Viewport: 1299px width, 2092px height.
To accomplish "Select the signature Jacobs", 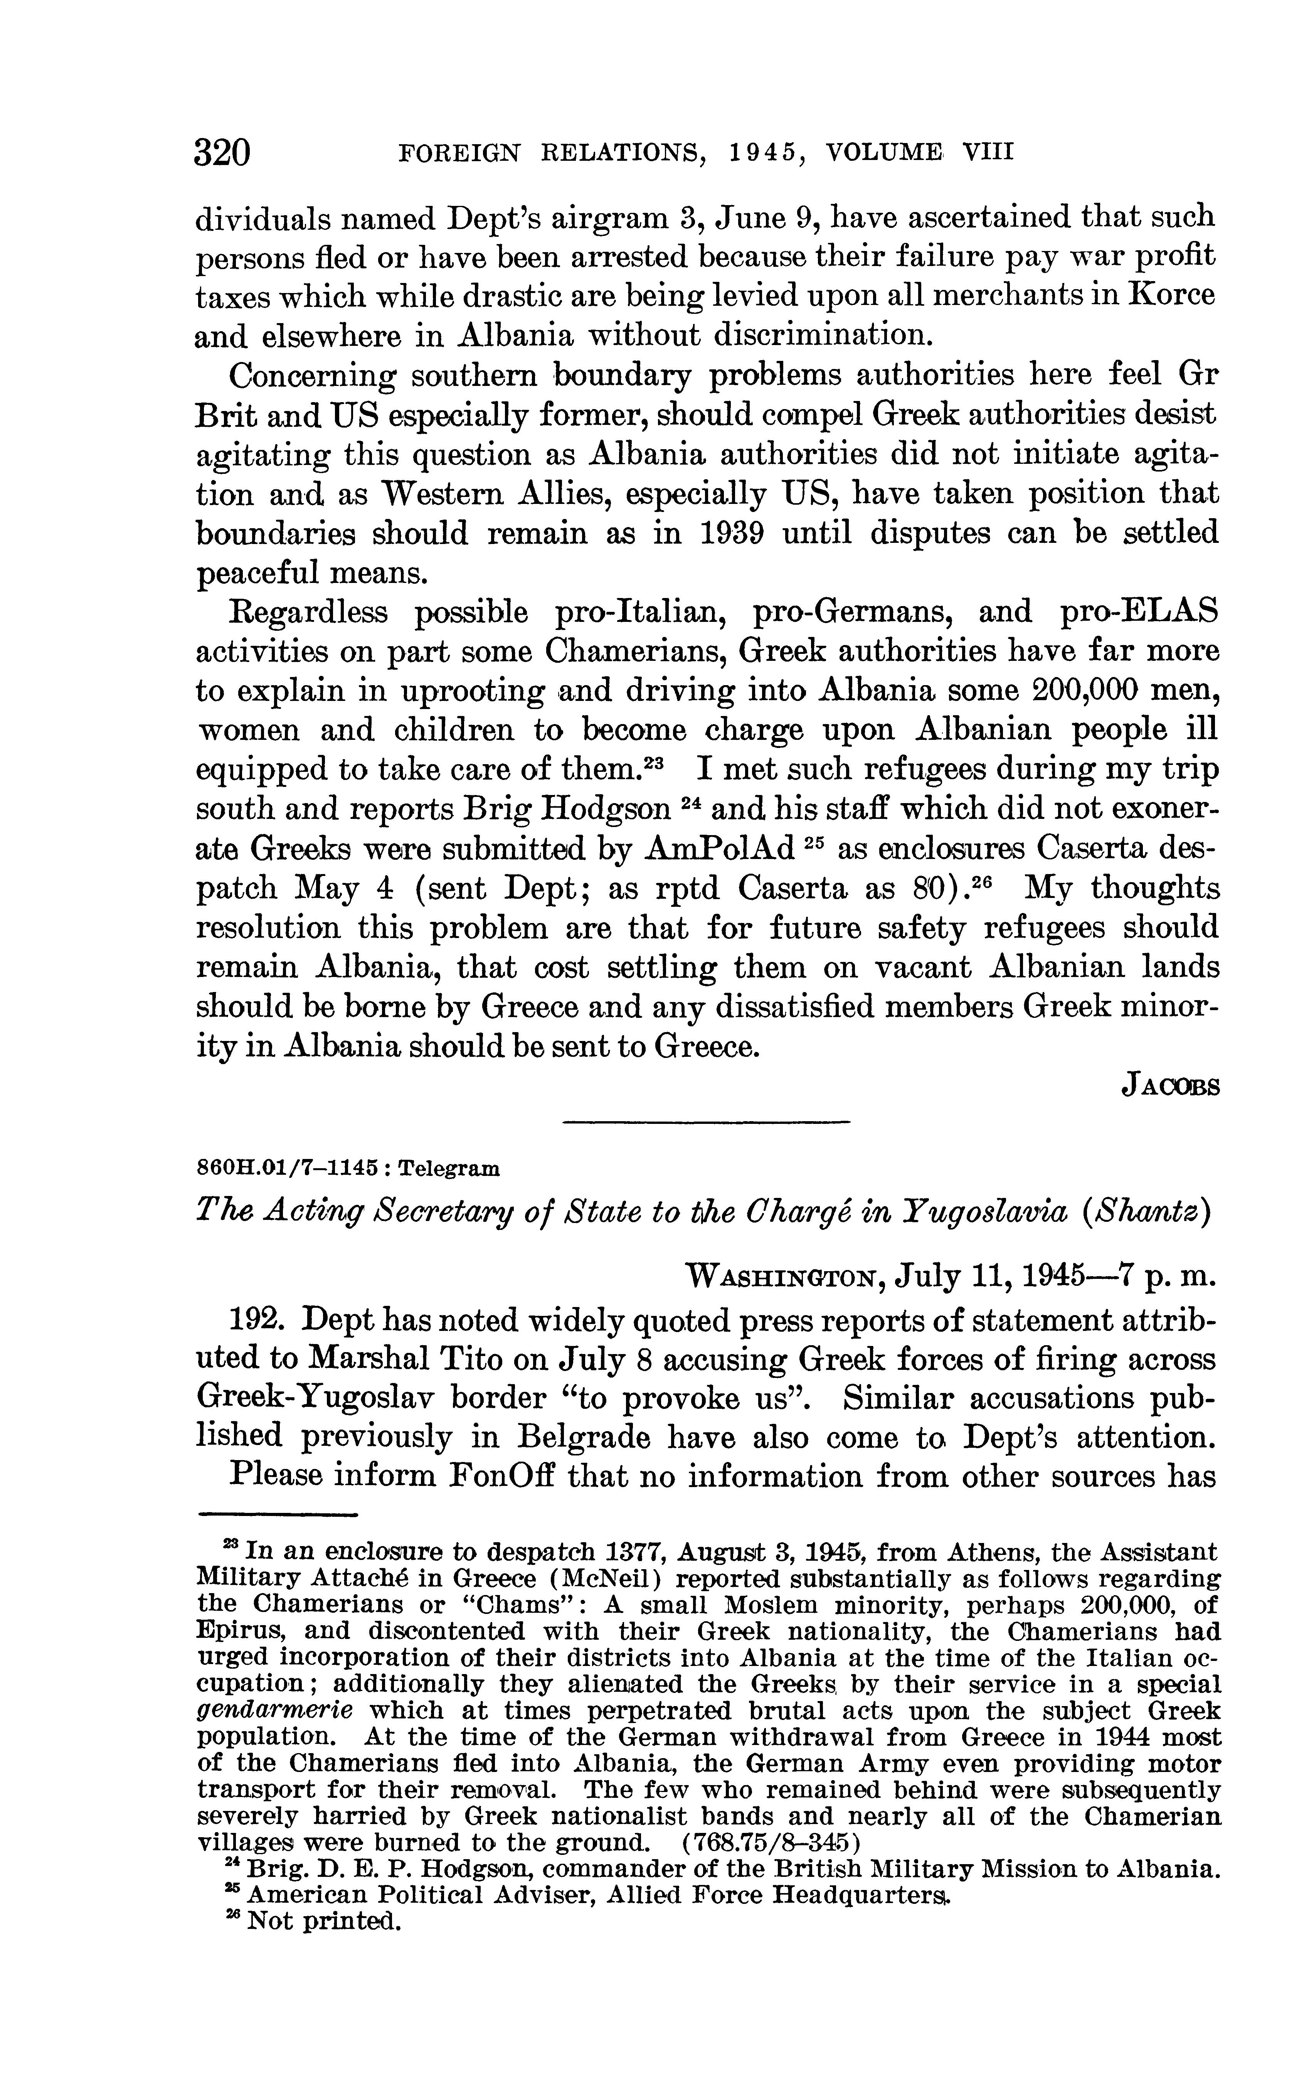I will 1170,1086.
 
